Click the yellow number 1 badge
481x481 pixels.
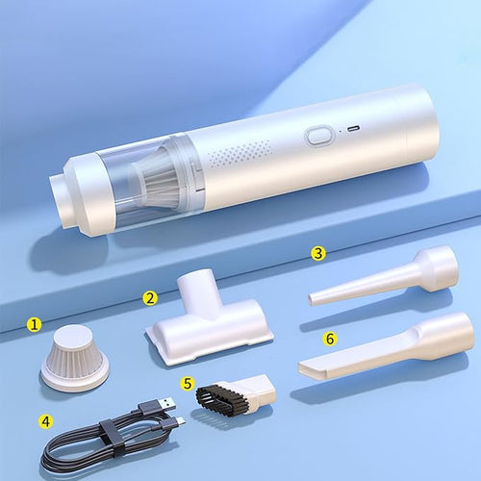pyautogui.click(x=35, y=325)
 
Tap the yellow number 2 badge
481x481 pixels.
pyautogui.click(x=150, y=297)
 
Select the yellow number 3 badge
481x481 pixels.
pyautogui.click(x=318, y=253)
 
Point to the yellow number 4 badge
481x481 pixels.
pyautogui.click(x=45, y=420)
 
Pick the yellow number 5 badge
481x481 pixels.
pyautogui.click(x=189, y=382)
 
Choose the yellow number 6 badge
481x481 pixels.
pyautogui.click(x=331, y=339)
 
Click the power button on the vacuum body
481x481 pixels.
pyautogui.click(x=318, y=136)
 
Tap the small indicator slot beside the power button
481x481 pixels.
pyautogui.click(x=351, y=128)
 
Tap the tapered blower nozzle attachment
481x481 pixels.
pyautogui.click(x=385, y=277)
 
